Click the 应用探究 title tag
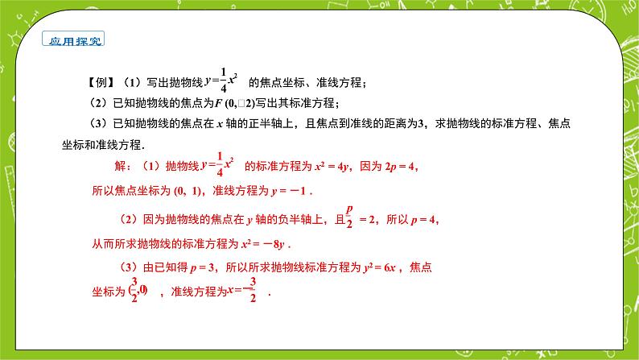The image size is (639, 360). [76, 40]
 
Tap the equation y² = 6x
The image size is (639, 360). [383, 268]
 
